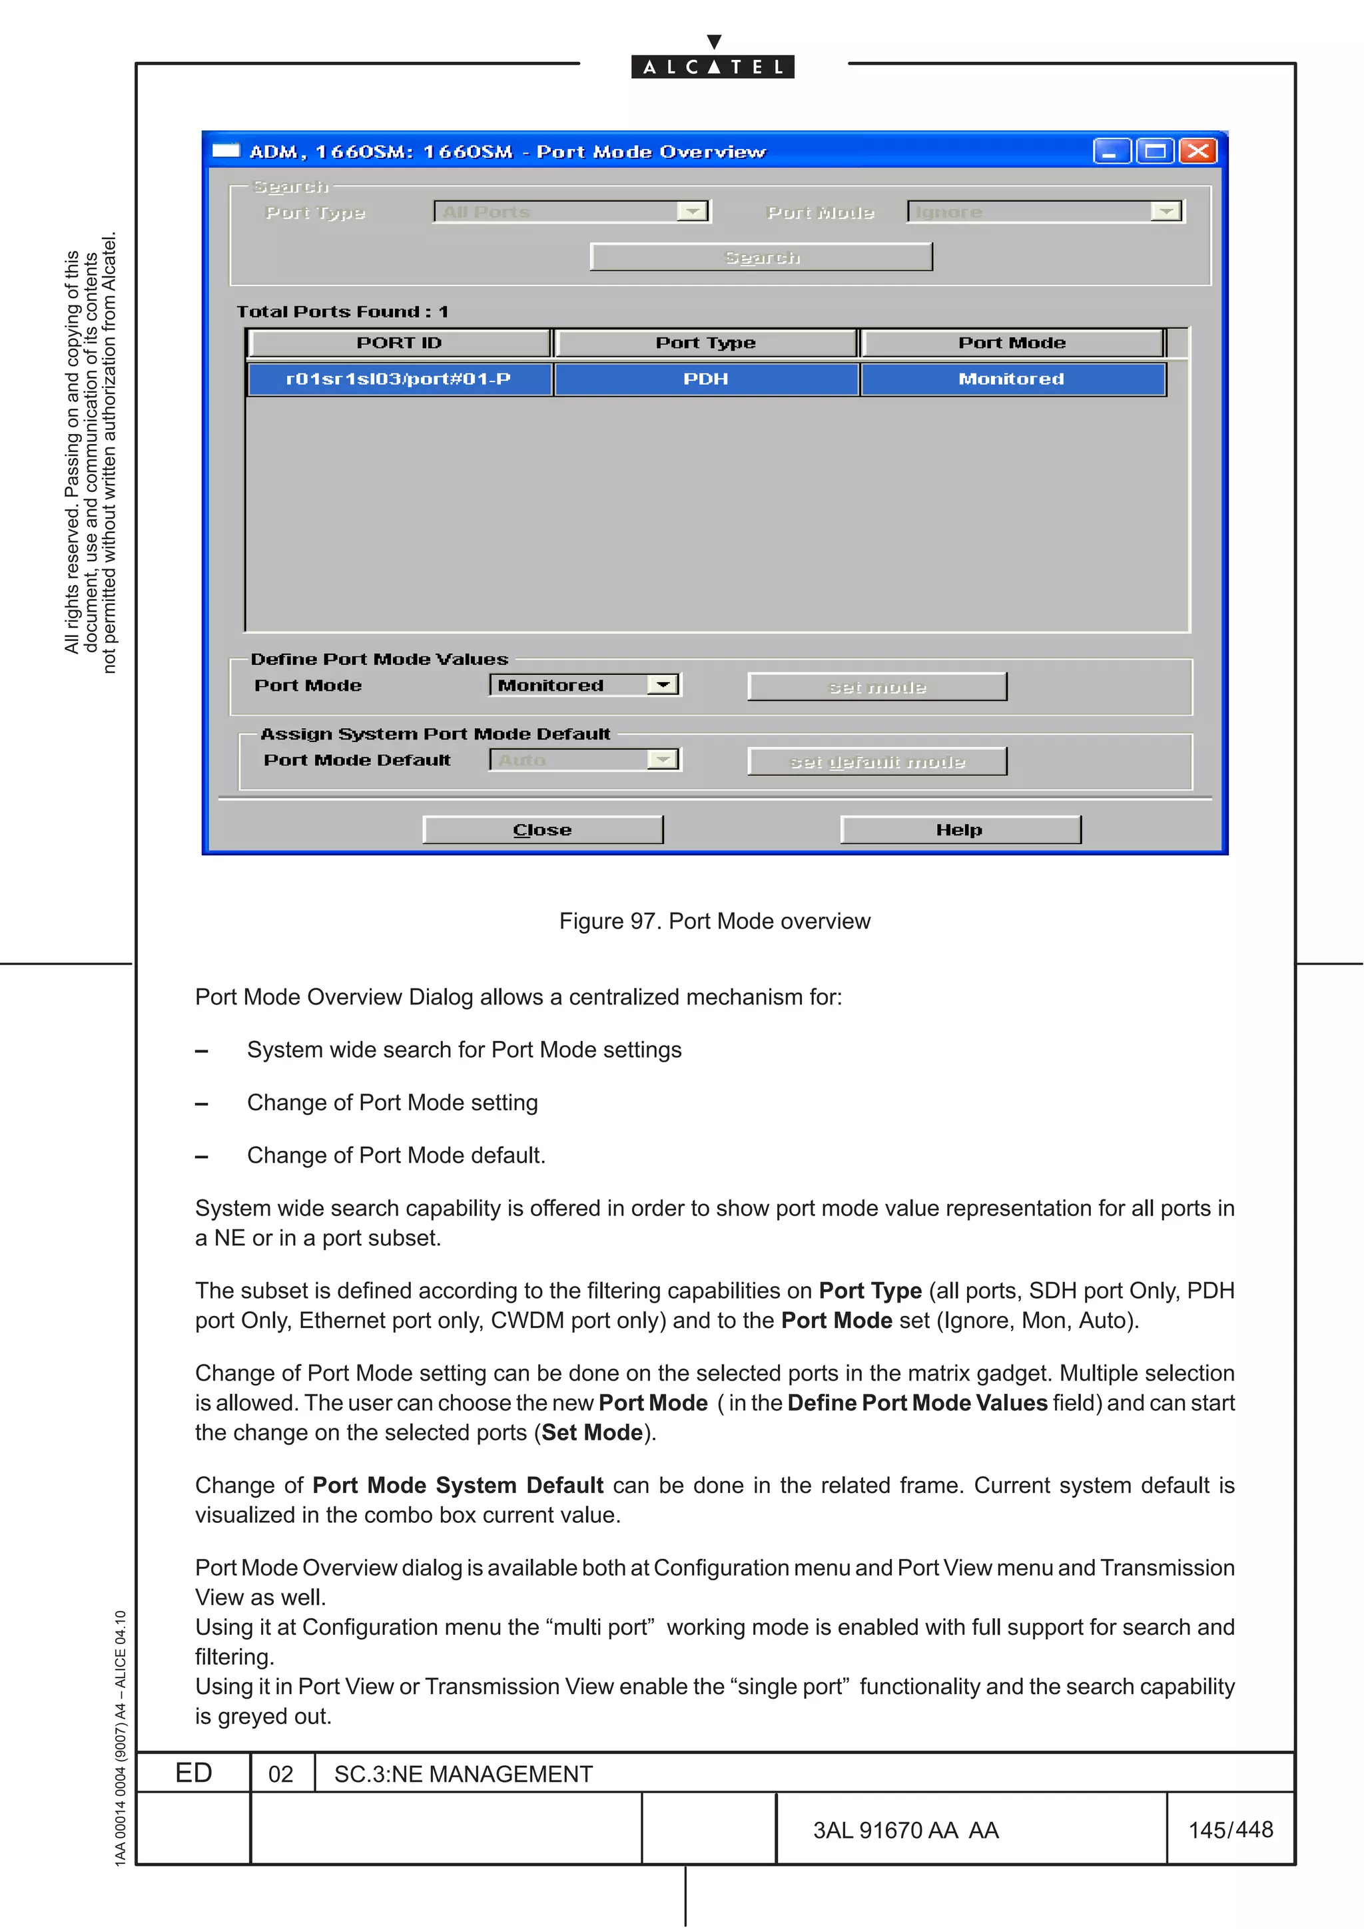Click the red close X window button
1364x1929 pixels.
[1197, 151]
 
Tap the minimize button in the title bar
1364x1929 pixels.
[1111, 151]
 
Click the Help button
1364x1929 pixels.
[960, 829]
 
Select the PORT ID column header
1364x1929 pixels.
[398, 343]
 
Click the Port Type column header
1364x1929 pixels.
[705, 343]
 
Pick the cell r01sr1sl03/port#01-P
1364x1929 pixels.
[398, 379]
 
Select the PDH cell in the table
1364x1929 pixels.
[705, 379]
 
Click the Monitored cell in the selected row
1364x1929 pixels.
[1011, 379]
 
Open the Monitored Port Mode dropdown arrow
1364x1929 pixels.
[663, 685]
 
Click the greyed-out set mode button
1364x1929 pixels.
[876, 687]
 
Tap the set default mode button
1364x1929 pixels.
[876, 761]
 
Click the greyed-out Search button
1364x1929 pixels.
[761, 257]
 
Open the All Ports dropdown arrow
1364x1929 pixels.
[693, 212]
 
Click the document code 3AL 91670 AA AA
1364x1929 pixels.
[905, 1830]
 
